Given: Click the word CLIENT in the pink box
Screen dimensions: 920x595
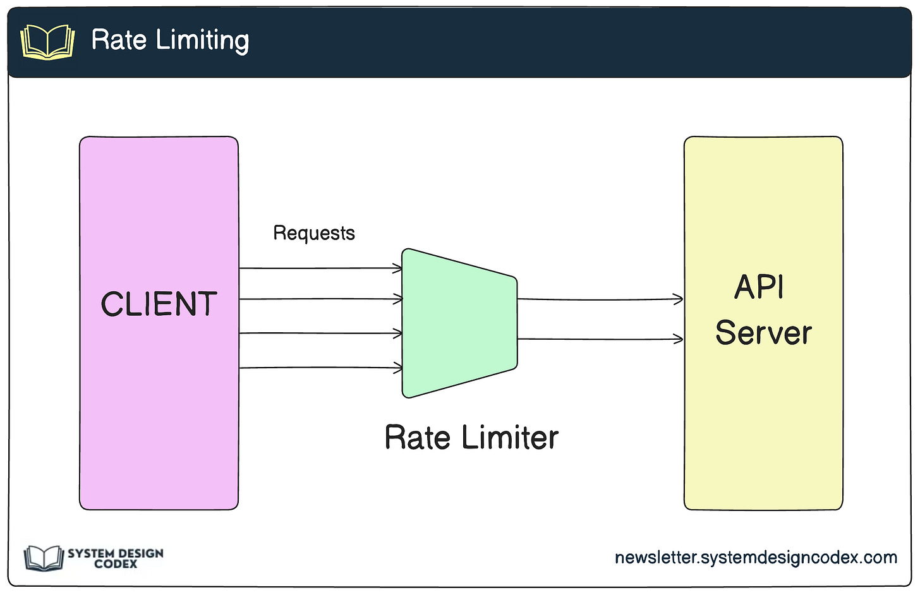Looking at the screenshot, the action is pos(159,303).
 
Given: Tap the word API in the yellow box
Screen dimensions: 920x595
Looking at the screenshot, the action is pos(759,287).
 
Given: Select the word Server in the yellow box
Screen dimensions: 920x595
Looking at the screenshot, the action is pos(763,333).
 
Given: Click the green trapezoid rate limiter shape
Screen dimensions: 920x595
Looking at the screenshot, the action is pos(459,323).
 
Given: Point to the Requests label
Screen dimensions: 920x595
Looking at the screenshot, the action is pos(314,233).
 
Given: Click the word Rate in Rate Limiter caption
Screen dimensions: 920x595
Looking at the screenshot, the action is pos(417,437).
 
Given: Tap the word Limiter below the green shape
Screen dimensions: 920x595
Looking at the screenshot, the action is pos(510,437).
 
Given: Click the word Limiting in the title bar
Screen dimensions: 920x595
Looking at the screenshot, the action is pos(202,40).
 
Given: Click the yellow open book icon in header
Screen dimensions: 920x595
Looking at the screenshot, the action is pos(47,42).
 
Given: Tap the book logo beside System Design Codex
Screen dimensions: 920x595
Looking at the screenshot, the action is pos(44,558).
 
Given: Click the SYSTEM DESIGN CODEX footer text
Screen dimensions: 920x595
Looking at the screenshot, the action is pos(116,558).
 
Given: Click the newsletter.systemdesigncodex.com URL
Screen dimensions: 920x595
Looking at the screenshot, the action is pos(756,558).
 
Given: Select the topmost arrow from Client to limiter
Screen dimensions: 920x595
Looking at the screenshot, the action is pos(320,268).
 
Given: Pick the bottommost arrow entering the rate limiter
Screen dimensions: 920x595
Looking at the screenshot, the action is pos(320,368).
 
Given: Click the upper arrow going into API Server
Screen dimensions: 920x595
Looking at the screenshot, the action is pos(600,299).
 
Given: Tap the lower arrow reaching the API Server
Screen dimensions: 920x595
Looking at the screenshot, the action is pos(600,339).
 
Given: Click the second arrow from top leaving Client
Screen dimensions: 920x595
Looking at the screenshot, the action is pos(320,299).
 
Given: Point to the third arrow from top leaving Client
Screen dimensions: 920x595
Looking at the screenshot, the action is pos(320,333).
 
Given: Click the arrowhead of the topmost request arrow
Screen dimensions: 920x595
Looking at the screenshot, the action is pos(398,268).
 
